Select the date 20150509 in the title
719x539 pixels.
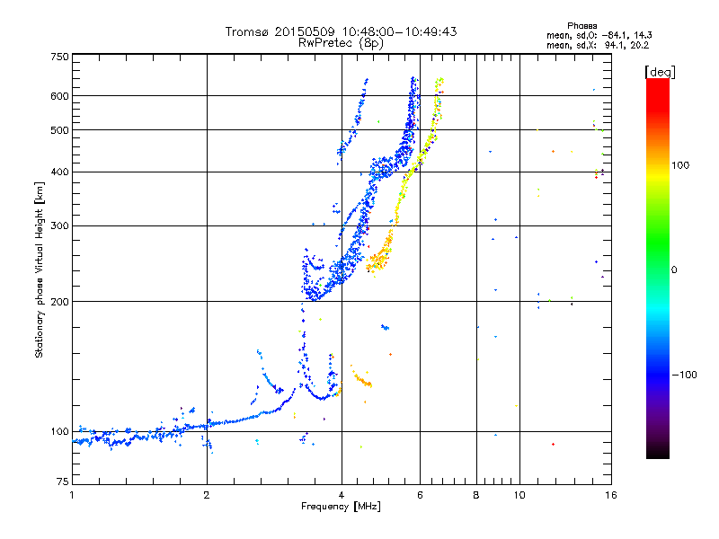305,31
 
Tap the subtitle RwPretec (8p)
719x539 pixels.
341,43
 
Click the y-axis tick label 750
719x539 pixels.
59,57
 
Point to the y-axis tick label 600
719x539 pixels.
59,96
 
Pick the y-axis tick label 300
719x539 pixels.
59,225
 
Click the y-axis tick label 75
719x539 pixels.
63,482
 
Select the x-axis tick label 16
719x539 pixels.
611,495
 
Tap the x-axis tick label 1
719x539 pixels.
72,495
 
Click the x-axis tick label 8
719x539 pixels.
476,495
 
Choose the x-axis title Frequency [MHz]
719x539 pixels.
341,507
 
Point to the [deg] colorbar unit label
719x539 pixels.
660,72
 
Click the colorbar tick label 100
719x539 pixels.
680,165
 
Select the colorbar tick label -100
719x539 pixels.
684,375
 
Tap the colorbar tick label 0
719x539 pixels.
674,269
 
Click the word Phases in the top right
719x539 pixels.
581,26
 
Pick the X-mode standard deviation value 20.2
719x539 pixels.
640,45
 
